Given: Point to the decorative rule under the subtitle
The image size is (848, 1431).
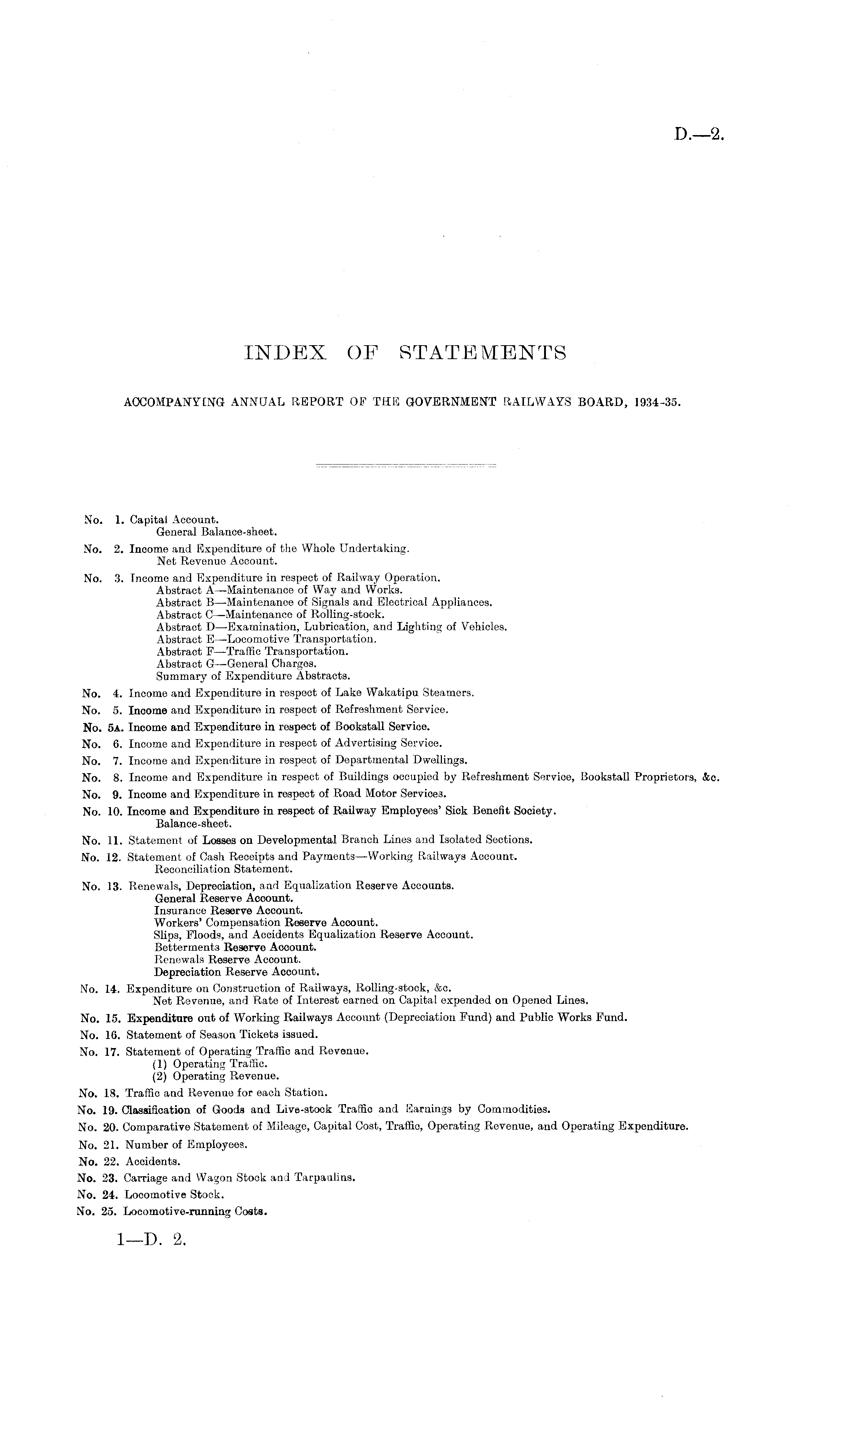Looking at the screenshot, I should [x=406, y=465].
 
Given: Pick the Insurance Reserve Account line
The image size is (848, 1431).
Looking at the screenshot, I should [x=228, y=910].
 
